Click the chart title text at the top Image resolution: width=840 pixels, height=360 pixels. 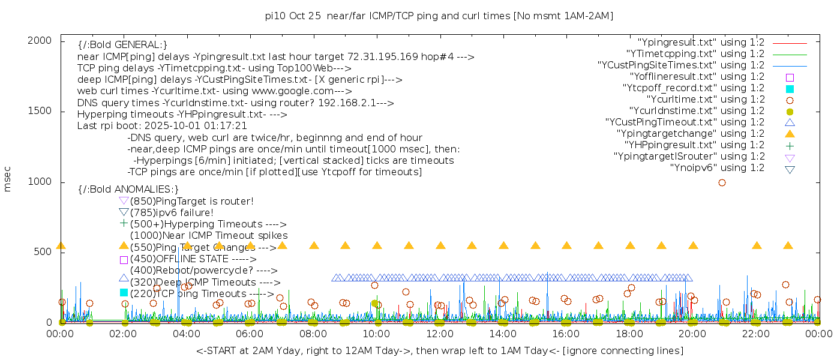pyautogui.click(x=439, y=16)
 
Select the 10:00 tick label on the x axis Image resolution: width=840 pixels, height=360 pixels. pyautogui.click(x=377, y=334)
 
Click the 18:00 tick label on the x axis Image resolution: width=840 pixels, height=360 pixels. pyautogui.click(x=629, y=334)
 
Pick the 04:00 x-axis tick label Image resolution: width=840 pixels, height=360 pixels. pyautogui.click(x=187, y=334)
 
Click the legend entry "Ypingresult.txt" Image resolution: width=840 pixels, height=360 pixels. pyautogui.click(x=701, y=43)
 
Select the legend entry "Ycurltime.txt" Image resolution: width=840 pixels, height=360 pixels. pyautogui.click(x=705, y=100)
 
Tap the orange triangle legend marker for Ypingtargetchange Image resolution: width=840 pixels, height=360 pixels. pyautogui.click(x=790, y=133)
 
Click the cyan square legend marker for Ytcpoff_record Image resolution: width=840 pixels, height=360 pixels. pyautogui.click(x=790, y=88)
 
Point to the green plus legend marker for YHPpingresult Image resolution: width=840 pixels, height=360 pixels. pyautogui.click(x=790, y=145)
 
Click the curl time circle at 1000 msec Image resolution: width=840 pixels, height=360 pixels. pyautogui.click(x=722, y=182)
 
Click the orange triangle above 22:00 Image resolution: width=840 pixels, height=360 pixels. pyautogui.click(x=757, y=245)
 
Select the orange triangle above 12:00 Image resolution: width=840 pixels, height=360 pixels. pyautogui.click(x=440, y=245)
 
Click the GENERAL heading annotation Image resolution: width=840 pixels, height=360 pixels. pyautogui.click(x=122, y=45)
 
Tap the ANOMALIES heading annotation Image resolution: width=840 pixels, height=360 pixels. pyautogui.click(x=128, y=190)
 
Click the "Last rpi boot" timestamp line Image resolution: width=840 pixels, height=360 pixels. pyautogui.click(x=162, y=126)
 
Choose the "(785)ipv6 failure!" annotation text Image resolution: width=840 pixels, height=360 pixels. pyautogui.click(x=172, y=212)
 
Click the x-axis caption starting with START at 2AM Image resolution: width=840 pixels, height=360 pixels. pyautogui.click(x=439, y=350)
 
